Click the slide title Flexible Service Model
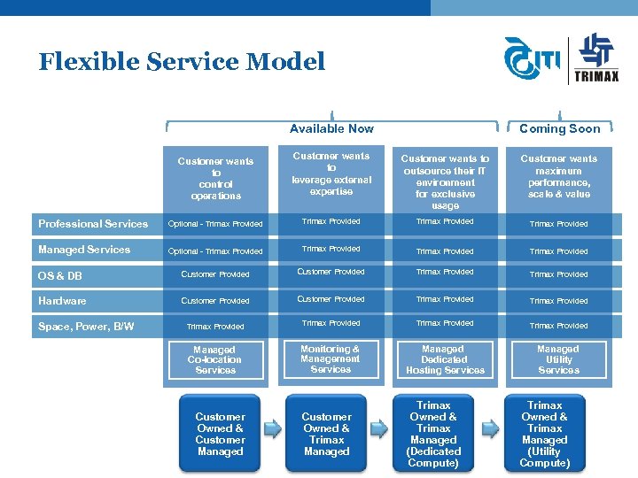tap(182, 62)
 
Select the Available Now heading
tap(331, 128)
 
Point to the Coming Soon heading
tap(559, 128)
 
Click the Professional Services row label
tap(93, 224)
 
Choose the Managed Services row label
tap(84, 250)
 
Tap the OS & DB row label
tap(60, 276)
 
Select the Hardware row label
tap(62, 301)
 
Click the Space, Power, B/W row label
tap(86, 327)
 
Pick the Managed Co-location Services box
tap(214, 360)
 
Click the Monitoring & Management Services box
tap(331, 359)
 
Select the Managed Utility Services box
tap(558, 360)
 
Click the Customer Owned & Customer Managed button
tap(220, 434)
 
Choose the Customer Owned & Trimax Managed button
tap(326, 434)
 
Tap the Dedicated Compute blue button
tap(433, 434)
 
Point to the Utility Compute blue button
tap(545, 434)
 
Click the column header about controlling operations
tap(215, 178)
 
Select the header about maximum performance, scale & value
tap(559, 176)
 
